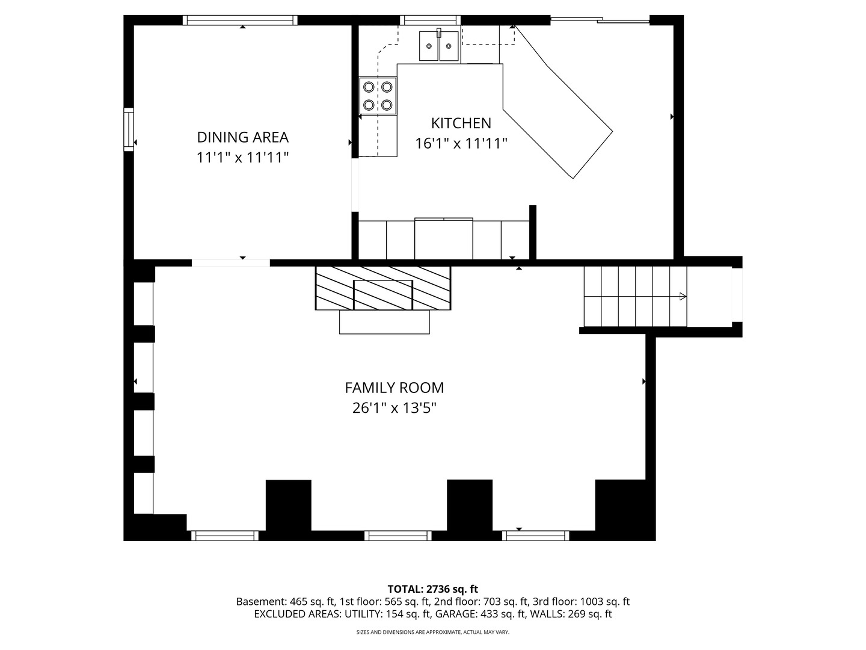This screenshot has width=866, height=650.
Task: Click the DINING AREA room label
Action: coord(242,137)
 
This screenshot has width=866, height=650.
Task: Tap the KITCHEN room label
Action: coord(461,123)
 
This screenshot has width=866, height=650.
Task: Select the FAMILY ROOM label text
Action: coord(394,388)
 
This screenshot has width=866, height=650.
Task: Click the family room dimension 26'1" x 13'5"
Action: coord(394,409)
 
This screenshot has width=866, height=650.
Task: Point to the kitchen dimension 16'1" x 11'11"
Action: coord(461,144)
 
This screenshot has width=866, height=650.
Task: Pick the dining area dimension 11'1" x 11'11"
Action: coord(242,158)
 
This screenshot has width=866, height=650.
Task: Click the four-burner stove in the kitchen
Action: coord(378,96)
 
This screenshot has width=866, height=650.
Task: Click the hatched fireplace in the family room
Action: coord(383,288)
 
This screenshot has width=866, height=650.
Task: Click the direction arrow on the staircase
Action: coord(682,296)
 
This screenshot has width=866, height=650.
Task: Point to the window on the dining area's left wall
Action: coord(129,129)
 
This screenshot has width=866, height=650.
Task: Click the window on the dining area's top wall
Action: coord(241,20)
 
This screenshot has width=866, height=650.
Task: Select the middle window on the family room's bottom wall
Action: coord(398,535)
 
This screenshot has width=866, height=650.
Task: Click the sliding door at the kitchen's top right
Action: coord(600,20)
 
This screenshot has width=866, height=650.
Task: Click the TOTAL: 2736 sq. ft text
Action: coord(432,589)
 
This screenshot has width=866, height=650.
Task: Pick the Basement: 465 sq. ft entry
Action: coord(286,602)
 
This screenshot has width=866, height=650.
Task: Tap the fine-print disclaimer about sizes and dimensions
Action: coord(432,633)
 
